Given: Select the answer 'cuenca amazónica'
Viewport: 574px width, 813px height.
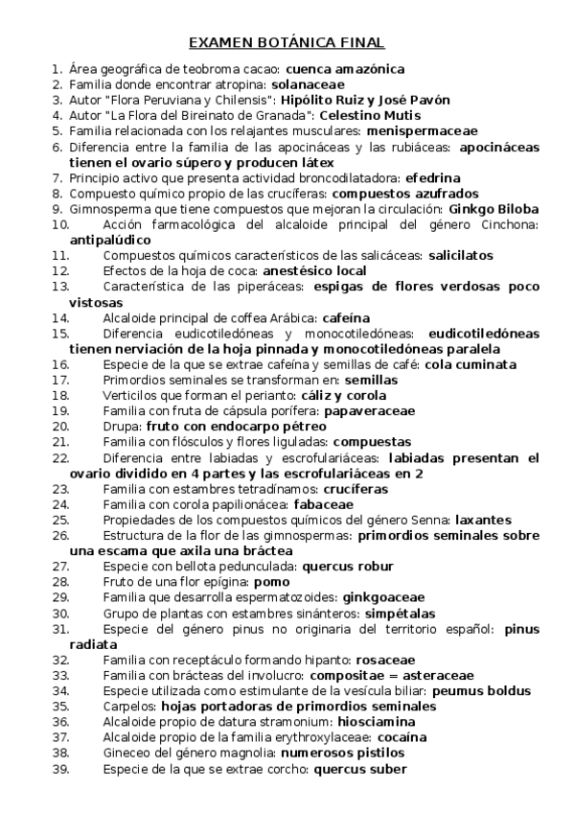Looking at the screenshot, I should (x=345, y=69).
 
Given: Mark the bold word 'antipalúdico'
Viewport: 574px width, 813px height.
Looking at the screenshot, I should (x=110, y=240).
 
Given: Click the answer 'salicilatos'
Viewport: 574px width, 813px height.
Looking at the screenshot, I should (x=461, y=255).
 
